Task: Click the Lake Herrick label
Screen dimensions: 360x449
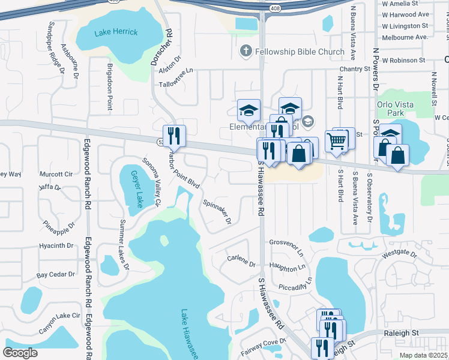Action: point(116,32)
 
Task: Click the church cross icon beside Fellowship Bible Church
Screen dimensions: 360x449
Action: point(245,52)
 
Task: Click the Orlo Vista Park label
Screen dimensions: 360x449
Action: point(395,109)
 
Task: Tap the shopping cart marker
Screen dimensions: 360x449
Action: point(337,142)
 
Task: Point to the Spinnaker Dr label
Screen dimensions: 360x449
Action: point(217,211)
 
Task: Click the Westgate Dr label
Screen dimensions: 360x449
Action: point(400,254)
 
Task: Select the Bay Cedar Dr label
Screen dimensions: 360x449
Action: point(56,274)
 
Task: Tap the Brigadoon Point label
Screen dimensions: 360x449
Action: point(110,86)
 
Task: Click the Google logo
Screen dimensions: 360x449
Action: point(20,353)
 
